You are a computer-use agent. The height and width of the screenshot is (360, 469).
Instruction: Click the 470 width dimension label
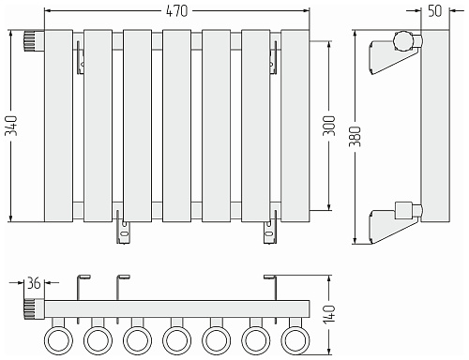[x=176, y=11]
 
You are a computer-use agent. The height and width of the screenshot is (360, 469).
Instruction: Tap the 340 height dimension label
[x=13, y=126]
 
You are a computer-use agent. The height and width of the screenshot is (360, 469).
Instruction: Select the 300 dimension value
[x=329, y=126]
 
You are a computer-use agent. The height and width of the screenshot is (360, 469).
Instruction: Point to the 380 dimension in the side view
[x=356, y=137]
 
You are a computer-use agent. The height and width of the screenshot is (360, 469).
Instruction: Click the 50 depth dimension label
[x=435, y=11]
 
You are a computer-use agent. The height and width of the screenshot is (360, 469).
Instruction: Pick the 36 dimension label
[x=34, y=283]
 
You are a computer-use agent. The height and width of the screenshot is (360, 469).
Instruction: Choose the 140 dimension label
[x=329, y=315]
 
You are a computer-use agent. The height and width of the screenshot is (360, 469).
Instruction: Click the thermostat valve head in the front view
[x=34, y=40]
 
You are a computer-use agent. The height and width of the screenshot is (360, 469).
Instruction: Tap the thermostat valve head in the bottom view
[x=34, y=309]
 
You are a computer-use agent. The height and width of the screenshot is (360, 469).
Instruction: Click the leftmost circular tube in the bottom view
[x=58, y=340]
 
